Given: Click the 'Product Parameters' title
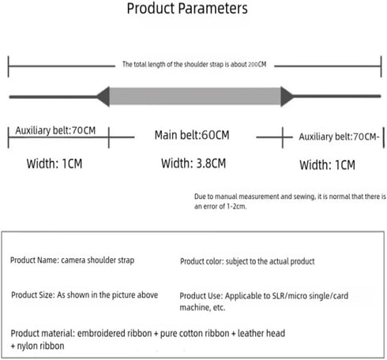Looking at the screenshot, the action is [x=187, y=9].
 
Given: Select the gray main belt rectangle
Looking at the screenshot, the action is [x=195, y=96].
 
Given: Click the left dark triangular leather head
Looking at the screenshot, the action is [x=103, y=96].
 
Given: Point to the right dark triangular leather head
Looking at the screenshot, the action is [x=287, y=96].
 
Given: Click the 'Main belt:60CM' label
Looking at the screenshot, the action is [x=192, y=135].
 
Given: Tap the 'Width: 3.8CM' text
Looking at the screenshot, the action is [x=193, y=163].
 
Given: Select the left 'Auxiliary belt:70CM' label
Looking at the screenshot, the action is [x=55, y=130].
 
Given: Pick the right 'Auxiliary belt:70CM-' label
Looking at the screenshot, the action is [x=339, y=137].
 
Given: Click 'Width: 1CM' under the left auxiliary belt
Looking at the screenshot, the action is [x=54, y=163].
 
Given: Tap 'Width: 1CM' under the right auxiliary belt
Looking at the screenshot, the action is [x=327, y=165].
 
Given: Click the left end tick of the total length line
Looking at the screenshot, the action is [x=9, y=66].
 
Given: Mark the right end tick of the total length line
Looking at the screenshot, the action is [x=381, y=66].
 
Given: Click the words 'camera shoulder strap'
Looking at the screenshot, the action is [x=98, y=261].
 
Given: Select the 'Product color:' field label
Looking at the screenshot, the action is [x=202, y=261].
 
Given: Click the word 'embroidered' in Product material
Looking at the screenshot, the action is [x=101, y=333].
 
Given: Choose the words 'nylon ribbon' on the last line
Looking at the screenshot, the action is [x=40, y=346].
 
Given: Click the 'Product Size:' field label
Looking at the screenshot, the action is [x=33, y=295].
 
